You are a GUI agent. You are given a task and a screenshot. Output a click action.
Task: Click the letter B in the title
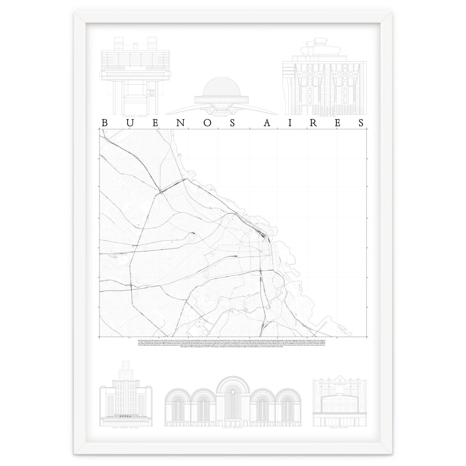tap(104, 123)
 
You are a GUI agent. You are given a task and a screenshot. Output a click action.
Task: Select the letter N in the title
tap(203, 123)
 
